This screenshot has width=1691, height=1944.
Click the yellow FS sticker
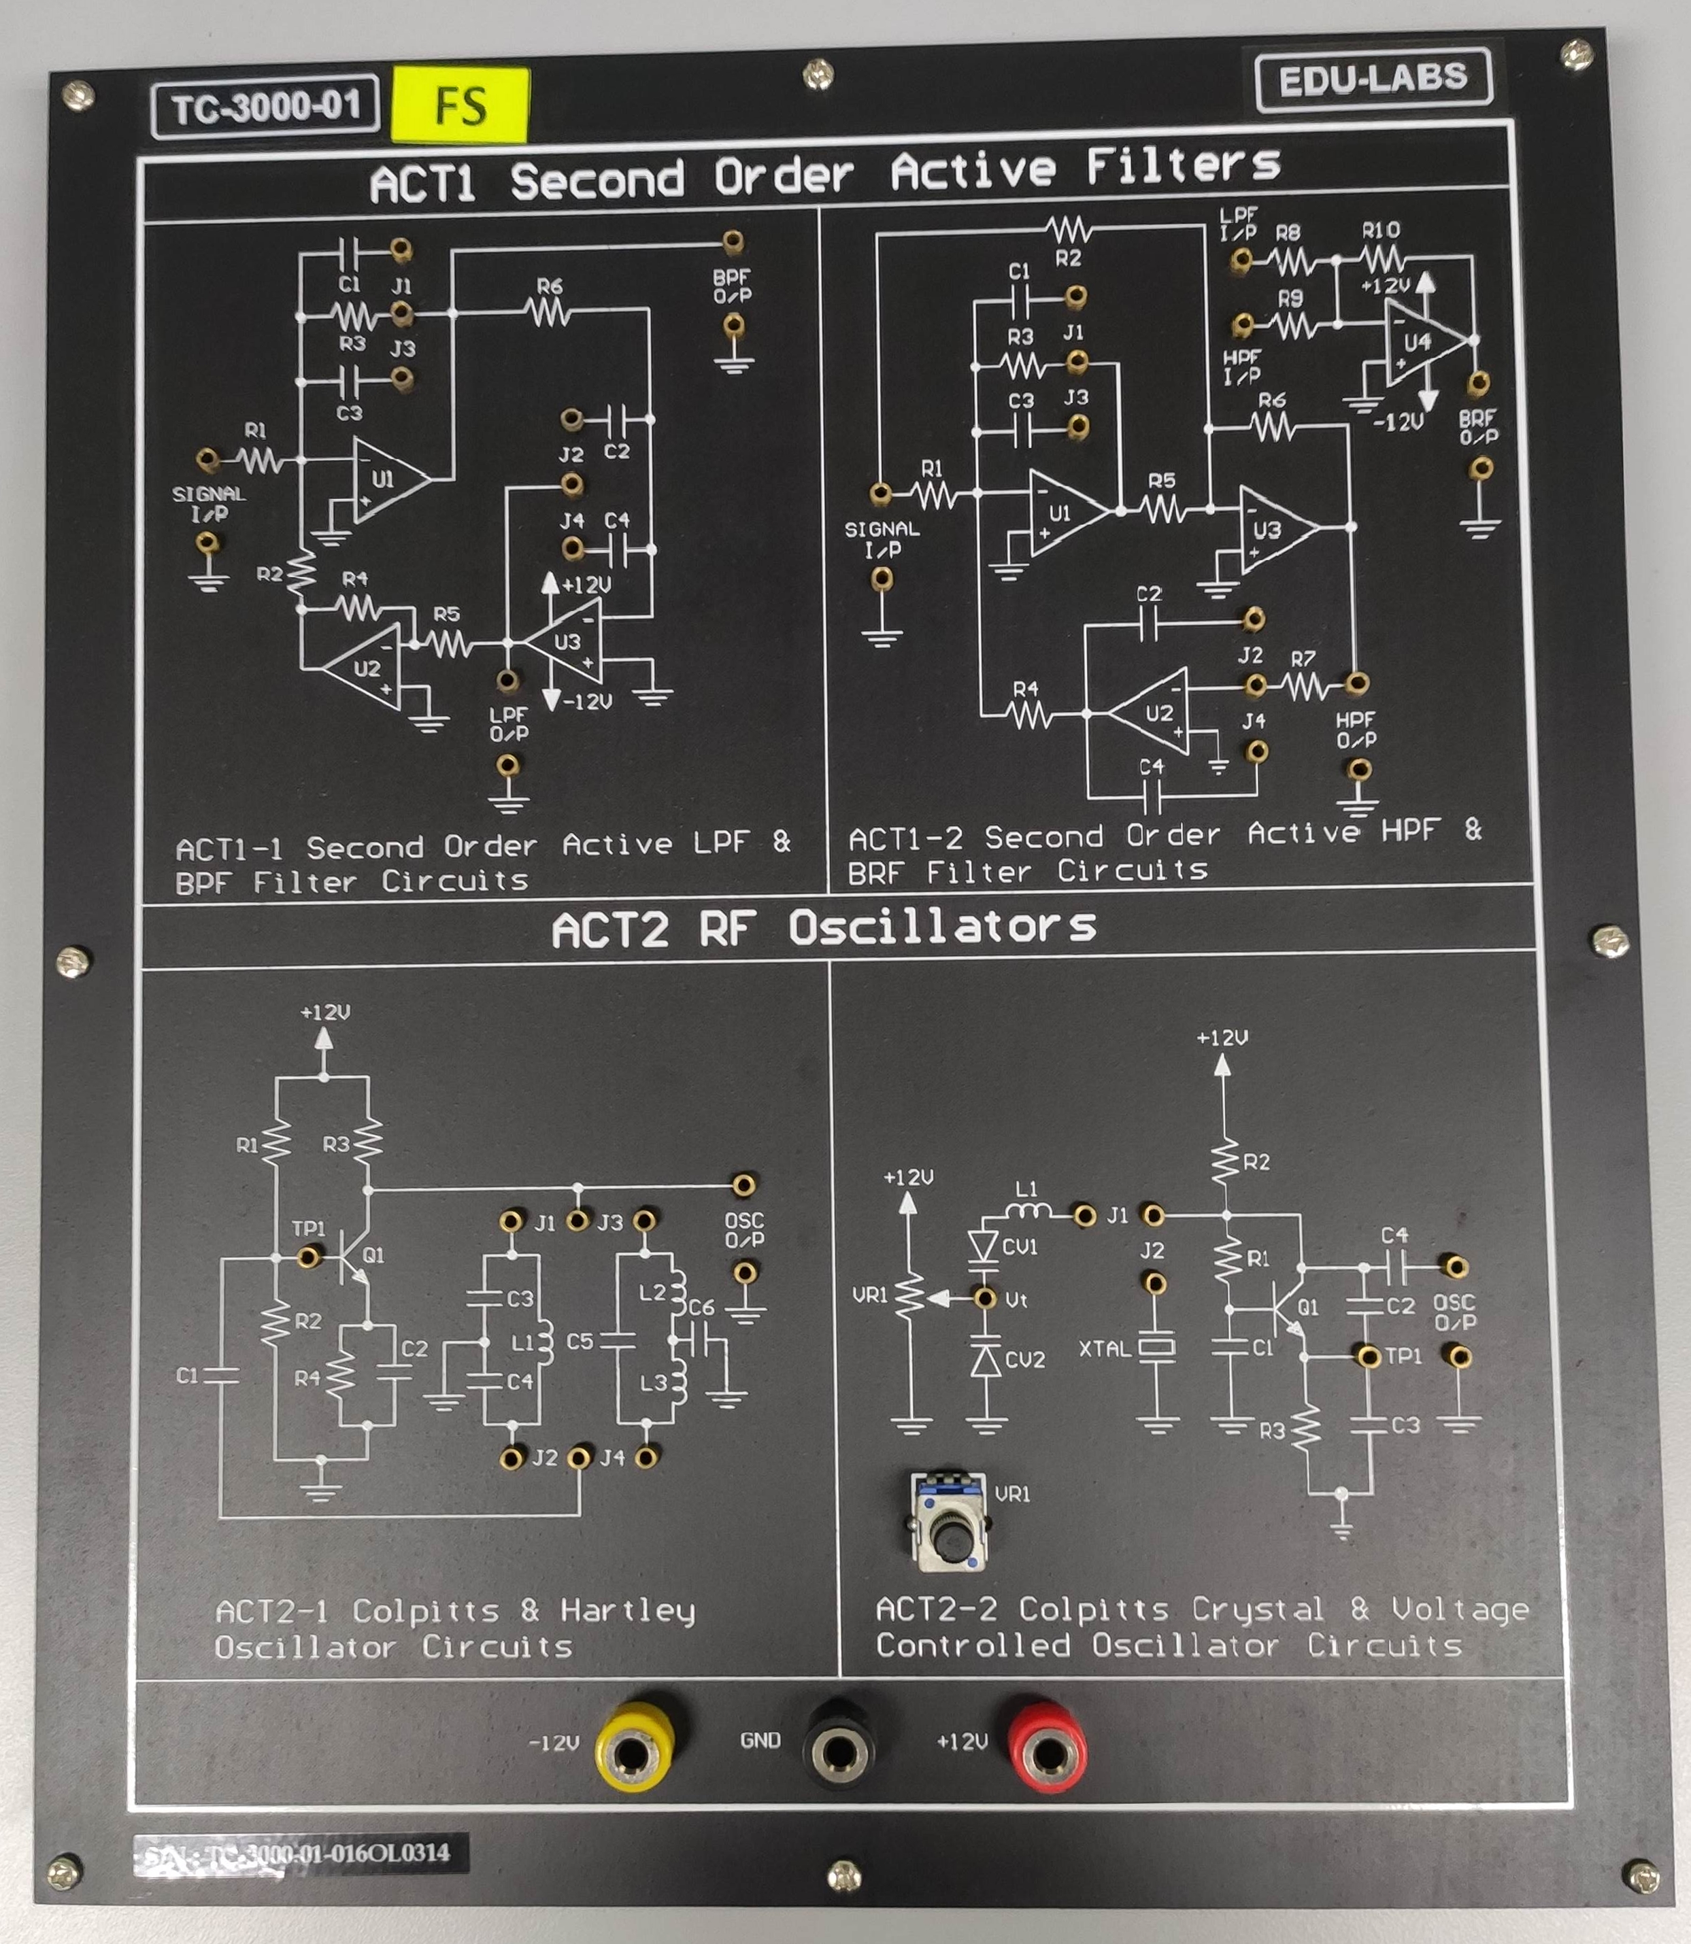461,104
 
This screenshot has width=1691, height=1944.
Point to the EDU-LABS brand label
1373,80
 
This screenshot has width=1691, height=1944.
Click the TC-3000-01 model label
265,107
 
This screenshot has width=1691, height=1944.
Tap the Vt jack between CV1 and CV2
985,1298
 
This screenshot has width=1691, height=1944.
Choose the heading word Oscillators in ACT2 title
942,927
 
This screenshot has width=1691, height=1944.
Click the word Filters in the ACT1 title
1182,167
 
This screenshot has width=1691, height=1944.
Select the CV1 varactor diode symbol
984,1246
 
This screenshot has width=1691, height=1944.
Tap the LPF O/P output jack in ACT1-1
507,680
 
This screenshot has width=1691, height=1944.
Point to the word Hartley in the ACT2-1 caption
628,1610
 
